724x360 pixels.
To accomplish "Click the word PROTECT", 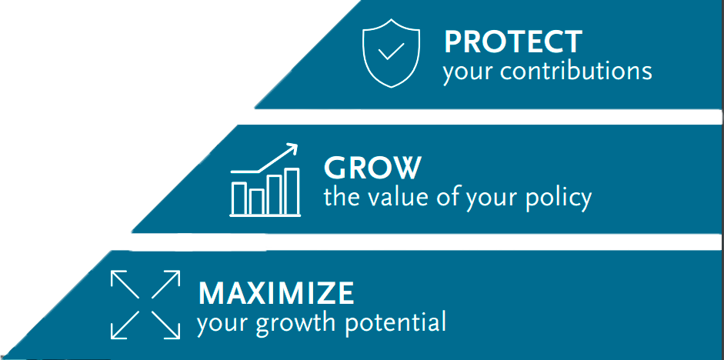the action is [512, 42].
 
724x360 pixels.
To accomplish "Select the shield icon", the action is [391, 53].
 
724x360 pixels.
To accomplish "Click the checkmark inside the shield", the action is [391, 52].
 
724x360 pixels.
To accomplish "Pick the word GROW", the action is [372, 168].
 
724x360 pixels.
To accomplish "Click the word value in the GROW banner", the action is [399, 197].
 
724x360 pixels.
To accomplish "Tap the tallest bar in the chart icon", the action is [292, 191].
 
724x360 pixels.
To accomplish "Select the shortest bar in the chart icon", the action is [257, 202].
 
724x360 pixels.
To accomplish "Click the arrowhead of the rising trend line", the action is [292, 148].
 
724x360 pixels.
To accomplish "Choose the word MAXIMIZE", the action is [276, 292].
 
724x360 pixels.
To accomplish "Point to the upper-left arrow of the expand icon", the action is [125, 285].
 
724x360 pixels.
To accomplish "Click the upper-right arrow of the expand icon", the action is [165, 285].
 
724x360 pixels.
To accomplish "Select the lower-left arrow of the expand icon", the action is [125, 325].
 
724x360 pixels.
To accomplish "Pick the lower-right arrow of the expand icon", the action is [165, 325].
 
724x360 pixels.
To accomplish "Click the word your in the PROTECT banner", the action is [469, 73].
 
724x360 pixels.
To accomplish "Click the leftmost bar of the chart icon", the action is [239, 198].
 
